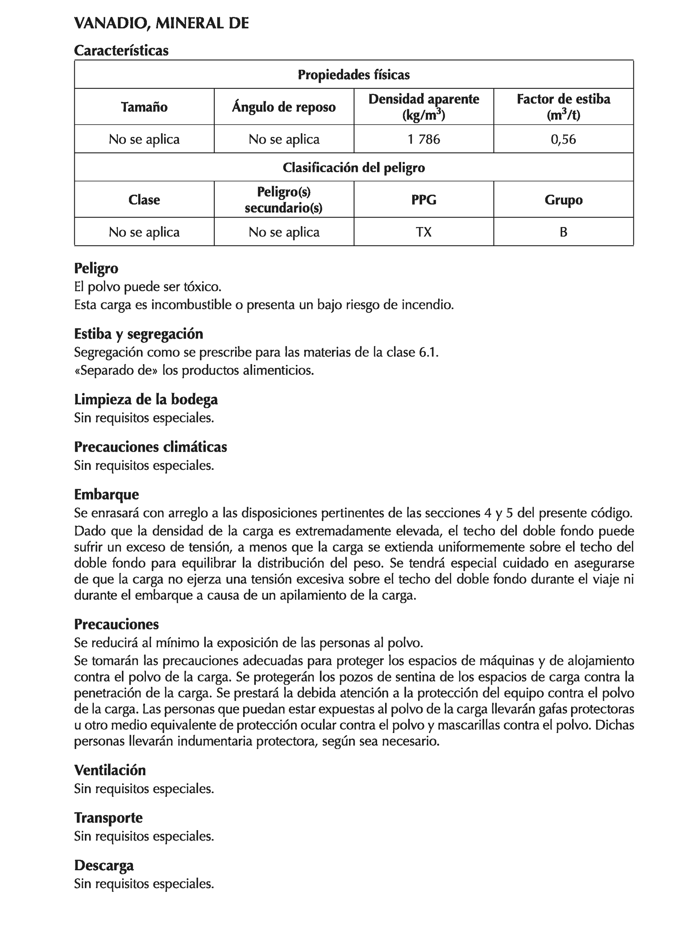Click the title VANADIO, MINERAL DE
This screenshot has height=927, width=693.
[161, 23]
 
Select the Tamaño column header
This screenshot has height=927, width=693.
[144, 107]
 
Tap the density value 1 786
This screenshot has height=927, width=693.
[423, 139]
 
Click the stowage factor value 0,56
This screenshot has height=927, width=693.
[563, 139]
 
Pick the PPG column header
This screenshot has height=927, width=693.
[423, 199]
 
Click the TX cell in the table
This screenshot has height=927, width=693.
[423, 232]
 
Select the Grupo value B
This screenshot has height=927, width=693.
[563, 232]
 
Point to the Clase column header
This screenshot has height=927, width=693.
[144, 199]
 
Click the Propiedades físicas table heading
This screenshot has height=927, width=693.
[353, 75]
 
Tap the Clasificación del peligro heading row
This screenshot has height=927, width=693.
[353, 168]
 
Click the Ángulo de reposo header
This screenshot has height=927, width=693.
[284, 107]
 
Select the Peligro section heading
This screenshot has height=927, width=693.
[96, 268]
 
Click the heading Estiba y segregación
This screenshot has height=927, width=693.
[138, 334]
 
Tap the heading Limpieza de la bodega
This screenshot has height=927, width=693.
[146, 399]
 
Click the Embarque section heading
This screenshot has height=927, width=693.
[106, 495]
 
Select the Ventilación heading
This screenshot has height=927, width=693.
[110, 770]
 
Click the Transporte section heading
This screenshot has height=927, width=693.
[108, 817]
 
